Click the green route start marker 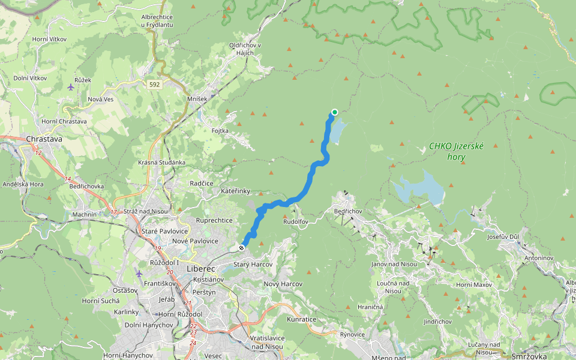[x=334, y=112]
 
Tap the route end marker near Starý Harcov [x=241, y=247]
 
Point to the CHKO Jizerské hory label [x=456, y=151]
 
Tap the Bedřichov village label [x=349, y=212]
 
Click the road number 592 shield [x=155, y=85]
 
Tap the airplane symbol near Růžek [x=71, y=87]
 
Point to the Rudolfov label [x=295, y=221]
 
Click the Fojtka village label [x=220, y=130]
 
